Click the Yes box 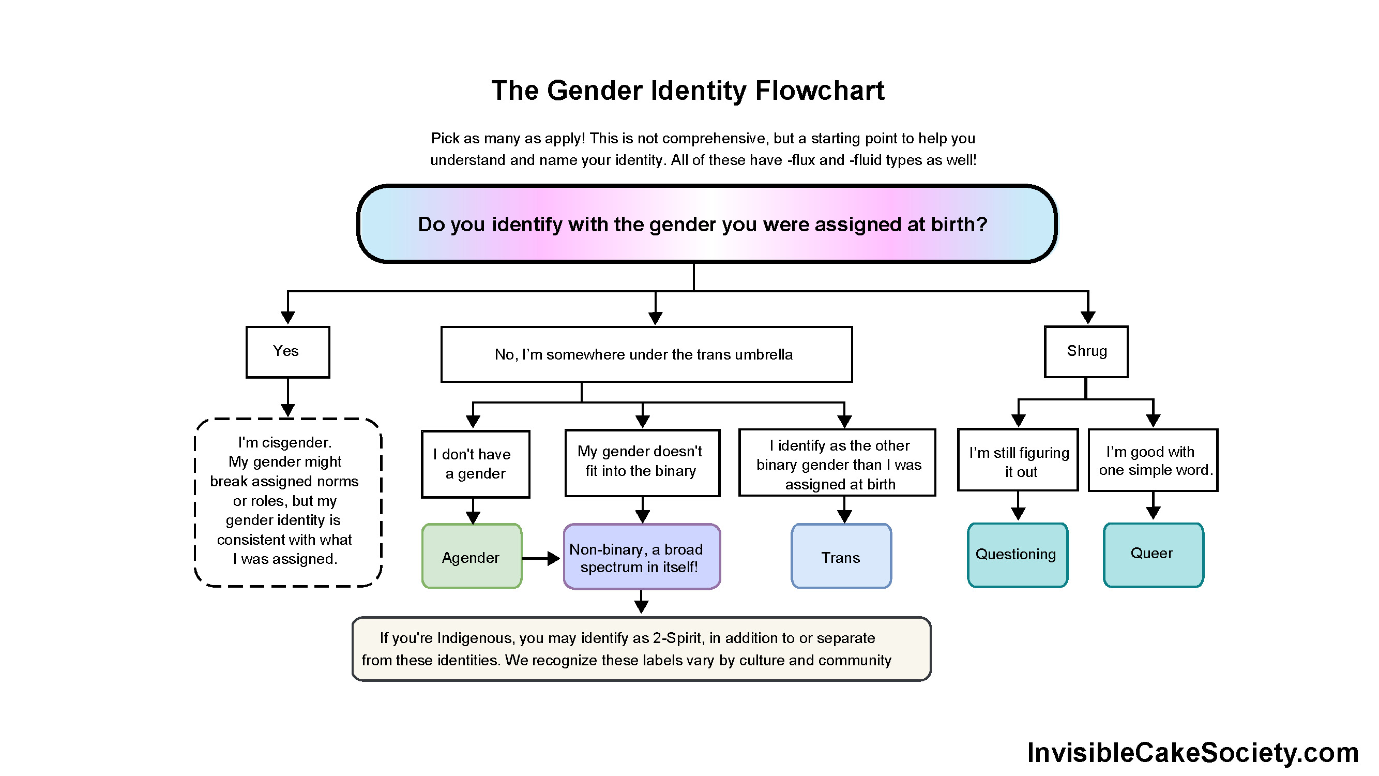[x=287, y=352]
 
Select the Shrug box [x=1086, y=351]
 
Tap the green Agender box [x=472, y=557]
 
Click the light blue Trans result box [x=840, y=557]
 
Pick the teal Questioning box [x=1017, y=555]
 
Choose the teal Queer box [x=1153, y=554]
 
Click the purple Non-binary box [x=641, y=557]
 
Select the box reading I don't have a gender [x=475, y=464]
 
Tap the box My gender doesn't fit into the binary [x=641, y=462]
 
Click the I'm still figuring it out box [x=1017, y=460]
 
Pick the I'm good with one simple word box [x=1153, y=460]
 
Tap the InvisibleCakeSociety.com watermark [x=1193, y=752]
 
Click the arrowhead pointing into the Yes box [x=287, y=318]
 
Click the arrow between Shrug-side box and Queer [x=1153, y=506]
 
